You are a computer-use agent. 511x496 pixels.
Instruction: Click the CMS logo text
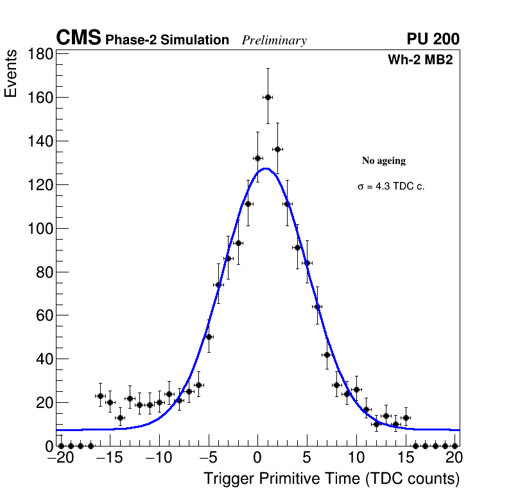[x=78, y=39]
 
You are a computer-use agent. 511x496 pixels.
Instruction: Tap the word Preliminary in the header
[x=274, y=40]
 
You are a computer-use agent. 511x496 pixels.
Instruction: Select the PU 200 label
[x=433, y=39]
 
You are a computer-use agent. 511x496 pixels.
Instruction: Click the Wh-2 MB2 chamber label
[x=420, y=60]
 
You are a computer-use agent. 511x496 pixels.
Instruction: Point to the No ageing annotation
[x=384, y=161]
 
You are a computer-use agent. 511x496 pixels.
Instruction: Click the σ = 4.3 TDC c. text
[x=391, y=186]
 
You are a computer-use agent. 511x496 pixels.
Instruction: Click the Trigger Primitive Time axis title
[x=331, y=479]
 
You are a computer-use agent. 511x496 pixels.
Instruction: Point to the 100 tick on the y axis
[x=40, y=228]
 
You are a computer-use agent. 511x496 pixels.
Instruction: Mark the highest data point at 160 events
[x=268, y=97]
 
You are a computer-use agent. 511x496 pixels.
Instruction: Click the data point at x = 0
[x=257, y=158]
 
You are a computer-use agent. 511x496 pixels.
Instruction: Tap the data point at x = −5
[x=209, y=337]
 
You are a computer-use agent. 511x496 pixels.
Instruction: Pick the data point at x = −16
[x=100, y=396]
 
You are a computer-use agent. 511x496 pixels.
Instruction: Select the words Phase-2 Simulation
[x=167, y=40]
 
